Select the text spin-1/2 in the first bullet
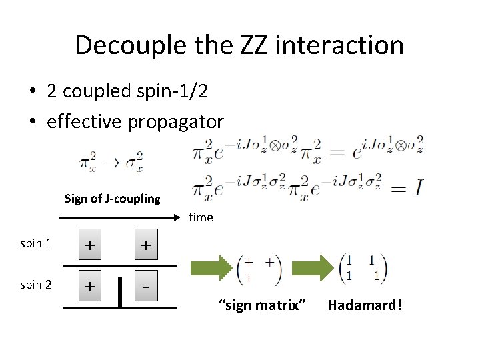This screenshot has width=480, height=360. click(172, 91)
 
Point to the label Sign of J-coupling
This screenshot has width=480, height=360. click(112, 199)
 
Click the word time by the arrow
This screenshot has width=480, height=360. click(201, 217)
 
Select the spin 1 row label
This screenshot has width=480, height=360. click(36, 243)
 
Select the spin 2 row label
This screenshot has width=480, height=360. click(36, 285)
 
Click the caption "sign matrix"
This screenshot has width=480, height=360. click(262, 305)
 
